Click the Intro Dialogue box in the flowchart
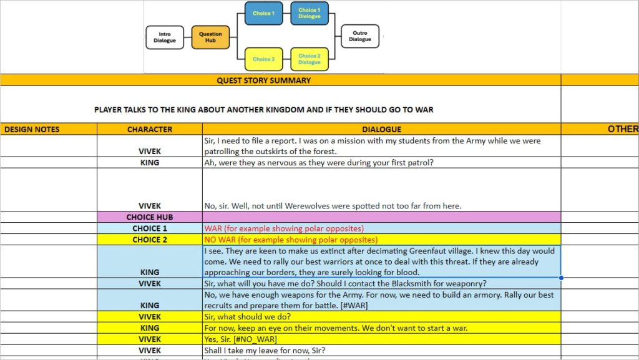point(165,37)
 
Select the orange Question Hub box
point(210,37)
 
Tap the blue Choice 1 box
point(263,13)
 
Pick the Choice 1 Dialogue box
point(309,13)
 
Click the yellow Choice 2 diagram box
point(263,59)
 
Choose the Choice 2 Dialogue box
point(309,59)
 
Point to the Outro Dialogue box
point(359,36)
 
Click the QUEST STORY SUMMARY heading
point(263,80)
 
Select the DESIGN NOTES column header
point(32,129)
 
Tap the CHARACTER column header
point(150,129)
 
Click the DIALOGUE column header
point(381,129)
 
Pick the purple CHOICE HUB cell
point(150,217)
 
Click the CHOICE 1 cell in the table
point(150,228)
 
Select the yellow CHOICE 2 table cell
point(150,240)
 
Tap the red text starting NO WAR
point(291,240)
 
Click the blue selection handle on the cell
point(561,278)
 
